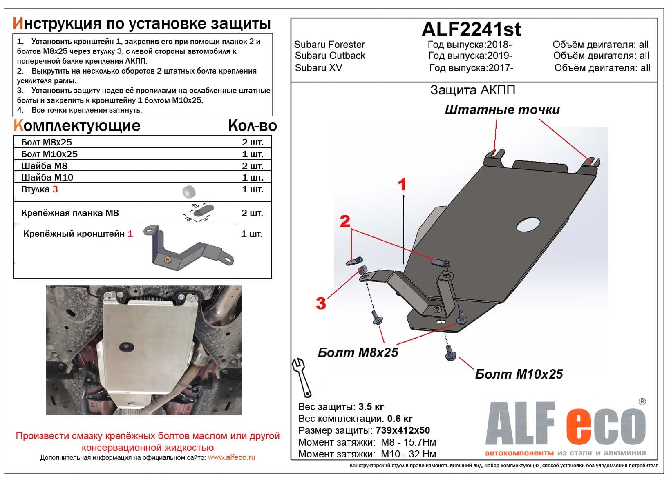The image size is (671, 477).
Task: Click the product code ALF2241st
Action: pyautogui.click(x=471, y=29)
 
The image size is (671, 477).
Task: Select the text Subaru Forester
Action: pyautogui.click(x=329, y=45)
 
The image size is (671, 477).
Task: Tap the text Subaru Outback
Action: pyautogui.click(x=330, y=56)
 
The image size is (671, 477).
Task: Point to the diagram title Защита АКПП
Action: pyautogui.click(x=473, y=90)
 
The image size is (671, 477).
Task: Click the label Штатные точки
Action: pyautogui.click(x=502, y=109)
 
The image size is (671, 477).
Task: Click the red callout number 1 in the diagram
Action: pyautogui.click(x=402, y=185)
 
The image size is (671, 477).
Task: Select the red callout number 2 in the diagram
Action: pyautogui.click(x=345, y=221)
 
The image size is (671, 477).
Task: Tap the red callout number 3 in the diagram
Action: pyautogui.click(x=321, y=303)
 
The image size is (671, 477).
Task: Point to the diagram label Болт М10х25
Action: pyautogui.click(x=519, y=374)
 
